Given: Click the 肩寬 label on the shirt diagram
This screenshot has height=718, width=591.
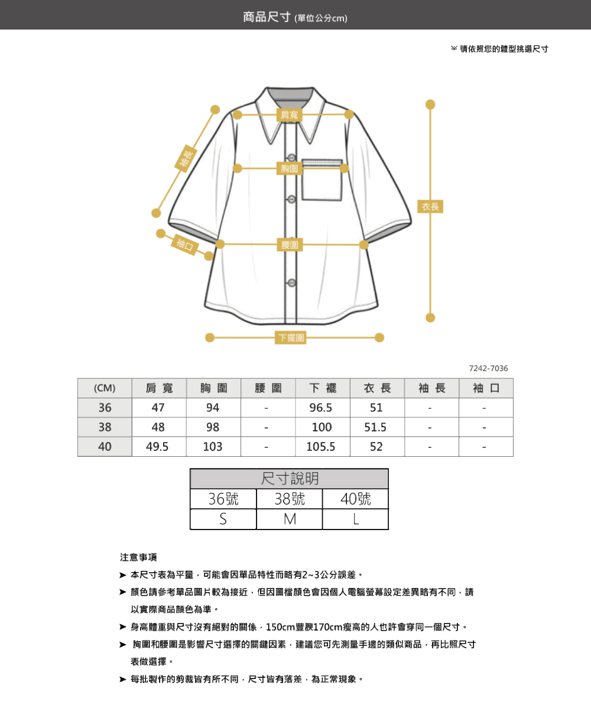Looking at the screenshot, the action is click(290, 115).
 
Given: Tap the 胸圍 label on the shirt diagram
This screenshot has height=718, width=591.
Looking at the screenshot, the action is click(290, 168).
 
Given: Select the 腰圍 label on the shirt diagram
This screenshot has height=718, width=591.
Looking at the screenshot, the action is click(290, 245).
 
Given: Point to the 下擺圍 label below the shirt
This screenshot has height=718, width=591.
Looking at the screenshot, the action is click(290, 337).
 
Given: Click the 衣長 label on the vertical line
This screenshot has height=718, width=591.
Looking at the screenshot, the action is click(430, 206).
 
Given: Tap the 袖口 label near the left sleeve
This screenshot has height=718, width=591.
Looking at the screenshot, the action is click(185, 245).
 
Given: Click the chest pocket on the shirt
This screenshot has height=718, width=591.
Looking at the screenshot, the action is click(322, 180).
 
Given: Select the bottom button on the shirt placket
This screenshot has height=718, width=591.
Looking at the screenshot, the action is click(291, 283).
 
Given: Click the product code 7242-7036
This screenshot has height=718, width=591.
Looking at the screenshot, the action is click(488, 368).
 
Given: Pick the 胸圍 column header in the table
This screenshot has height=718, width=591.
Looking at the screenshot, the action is click(213, 388).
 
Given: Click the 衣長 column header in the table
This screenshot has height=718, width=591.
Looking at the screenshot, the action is click(377, 388).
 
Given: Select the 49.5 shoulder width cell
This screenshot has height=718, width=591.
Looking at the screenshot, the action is click(157, 447).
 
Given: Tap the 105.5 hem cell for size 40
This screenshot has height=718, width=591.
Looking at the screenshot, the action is click(321, 447).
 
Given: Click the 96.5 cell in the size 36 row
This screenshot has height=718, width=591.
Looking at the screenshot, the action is click(321, 408).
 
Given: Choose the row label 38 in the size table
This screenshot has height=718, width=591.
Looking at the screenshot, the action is click(105, 427).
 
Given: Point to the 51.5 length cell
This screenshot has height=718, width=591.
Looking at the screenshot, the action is click(375, 427).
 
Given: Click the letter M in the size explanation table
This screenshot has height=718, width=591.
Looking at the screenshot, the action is click(290, 519).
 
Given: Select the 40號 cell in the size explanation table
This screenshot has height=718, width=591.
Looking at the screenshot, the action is click(355, 499).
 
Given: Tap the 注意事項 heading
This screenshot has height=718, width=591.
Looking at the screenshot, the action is click(138, 557).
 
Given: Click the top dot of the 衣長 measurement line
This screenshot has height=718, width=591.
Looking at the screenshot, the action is click(430, 104).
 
